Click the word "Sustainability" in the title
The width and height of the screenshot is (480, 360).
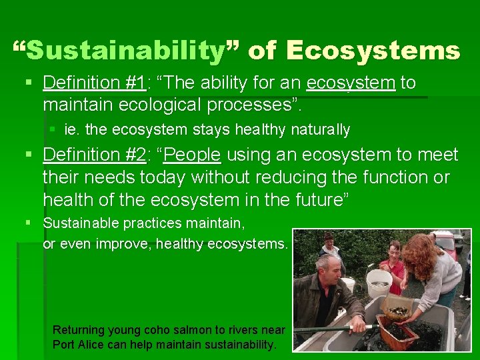[x=127, y=51]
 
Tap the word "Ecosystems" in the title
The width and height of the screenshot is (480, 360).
[x=374, y=51]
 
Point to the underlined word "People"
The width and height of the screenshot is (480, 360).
[x=193, y=155]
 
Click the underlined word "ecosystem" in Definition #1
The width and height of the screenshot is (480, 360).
[x=351, y=83]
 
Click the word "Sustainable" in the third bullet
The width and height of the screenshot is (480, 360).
[x=78, y=223]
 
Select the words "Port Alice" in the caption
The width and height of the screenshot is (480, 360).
[x=78, y=345]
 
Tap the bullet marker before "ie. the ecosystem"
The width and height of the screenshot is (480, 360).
[x=53, y=129]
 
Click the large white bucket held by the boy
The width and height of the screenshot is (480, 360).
[x=379, y=283]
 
